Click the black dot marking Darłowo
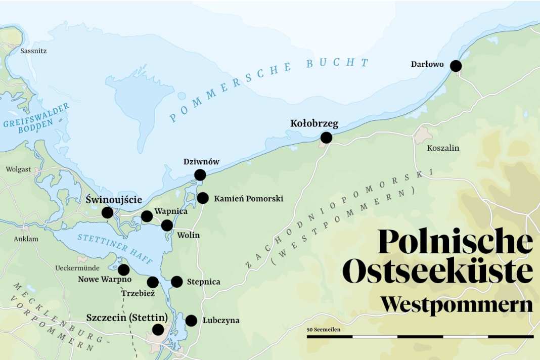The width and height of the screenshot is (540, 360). point(456,66)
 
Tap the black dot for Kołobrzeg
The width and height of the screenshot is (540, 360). point(326,137)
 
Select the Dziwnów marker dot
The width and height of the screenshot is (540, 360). point(200,175)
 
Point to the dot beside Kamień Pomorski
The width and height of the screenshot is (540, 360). point(203,198)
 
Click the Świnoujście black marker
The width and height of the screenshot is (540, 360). point(107,212)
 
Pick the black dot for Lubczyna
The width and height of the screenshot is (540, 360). point(191,320)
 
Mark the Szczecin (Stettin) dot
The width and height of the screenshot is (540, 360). point(158,330)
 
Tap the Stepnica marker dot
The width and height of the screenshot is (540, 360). point(176,282)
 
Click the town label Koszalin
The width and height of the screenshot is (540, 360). point(443,148)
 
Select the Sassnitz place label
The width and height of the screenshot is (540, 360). point(34,51)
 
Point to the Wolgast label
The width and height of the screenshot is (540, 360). point(19,169)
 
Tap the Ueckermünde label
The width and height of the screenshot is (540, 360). point(77,268)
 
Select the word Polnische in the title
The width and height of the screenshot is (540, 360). point(455,242)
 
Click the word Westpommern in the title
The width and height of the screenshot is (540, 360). point(456,305)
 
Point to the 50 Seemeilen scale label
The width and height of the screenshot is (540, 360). point(323,330)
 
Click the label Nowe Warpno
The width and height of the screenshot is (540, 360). point(105,279)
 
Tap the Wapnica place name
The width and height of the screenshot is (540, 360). point(171,211)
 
